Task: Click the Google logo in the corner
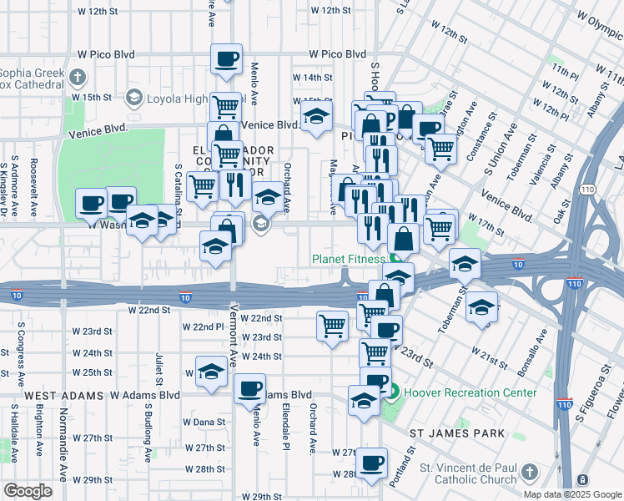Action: tap(28, 491)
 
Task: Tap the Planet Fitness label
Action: tap(350, 258)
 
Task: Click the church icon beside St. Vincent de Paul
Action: tap(527, 473)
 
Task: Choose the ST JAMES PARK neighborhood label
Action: tap(457, 433)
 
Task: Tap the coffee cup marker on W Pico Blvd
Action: tap(226, 58)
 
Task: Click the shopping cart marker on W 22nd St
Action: tap(332, 324)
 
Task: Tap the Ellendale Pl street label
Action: tap(284, 424)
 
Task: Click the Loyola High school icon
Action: tap(133, 99)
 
